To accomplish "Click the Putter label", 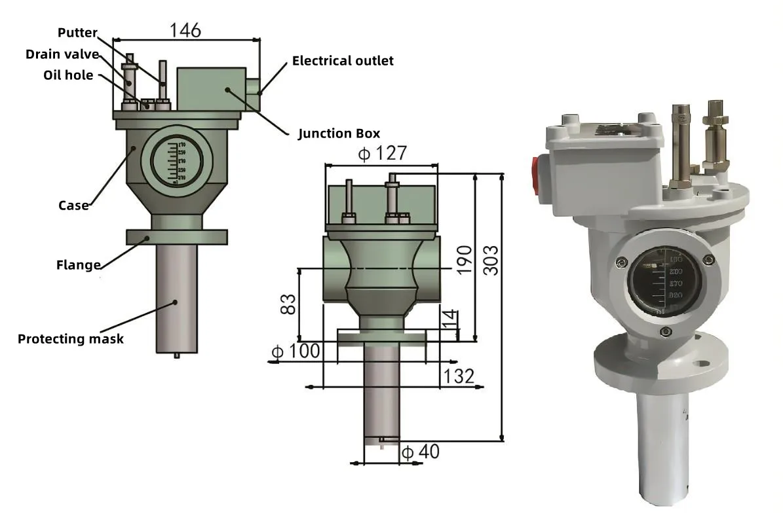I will [x=78, y=32].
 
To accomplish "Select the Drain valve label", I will [x=62, y=54].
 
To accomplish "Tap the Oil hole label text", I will [x=68, y=75].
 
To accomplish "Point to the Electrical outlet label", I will [x=343, y=61].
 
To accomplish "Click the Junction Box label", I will [x=339, y=134].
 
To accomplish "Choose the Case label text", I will [x=73, y=206].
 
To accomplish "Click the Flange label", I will [x=79, y=265].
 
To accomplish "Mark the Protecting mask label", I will [x=71, y=339].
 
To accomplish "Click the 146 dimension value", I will [x=185, y=30].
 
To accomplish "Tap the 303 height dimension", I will [x=489, y=261].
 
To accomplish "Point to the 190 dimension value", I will [x=464, y=260].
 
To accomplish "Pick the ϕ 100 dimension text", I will [x=296, y=352].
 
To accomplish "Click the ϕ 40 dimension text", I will [x=420, y=452].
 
